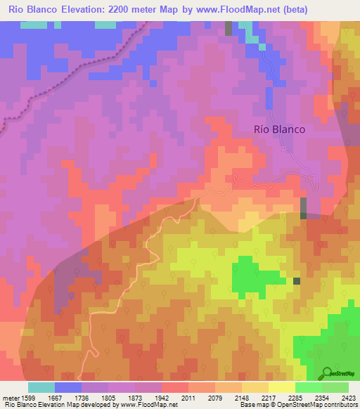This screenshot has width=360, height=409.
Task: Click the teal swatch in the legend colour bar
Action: tap(41, 387)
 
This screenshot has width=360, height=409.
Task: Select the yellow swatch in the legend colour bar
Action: tap(281, 387)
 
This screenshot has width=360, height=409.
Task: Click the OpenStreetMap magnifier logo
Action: tap(327, 372)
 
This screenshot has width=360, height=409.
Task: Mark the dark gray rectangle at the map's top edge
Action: tap(229, 28)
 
